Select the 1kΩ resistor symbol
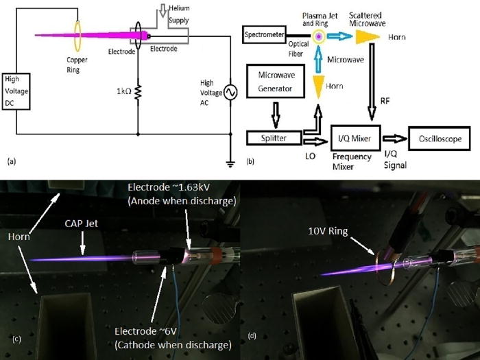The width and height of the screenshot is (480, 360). tap(138, 91)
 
